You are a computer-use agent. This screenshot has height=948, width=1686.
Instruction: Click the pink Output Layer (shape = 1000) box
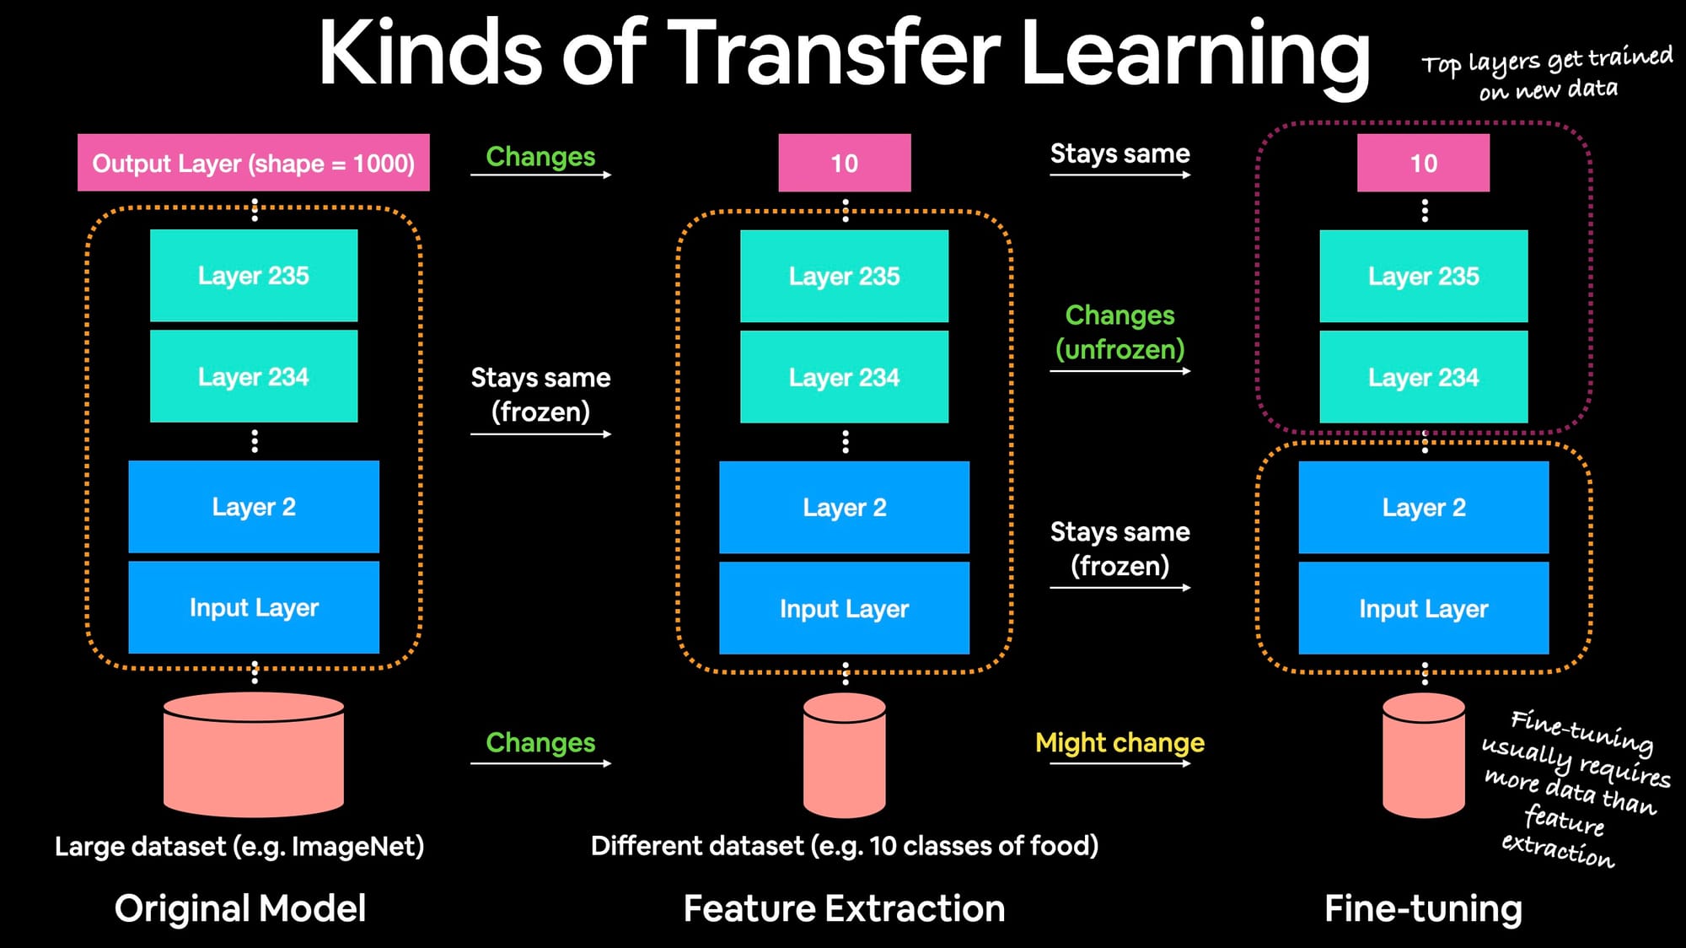[x=253, y=163]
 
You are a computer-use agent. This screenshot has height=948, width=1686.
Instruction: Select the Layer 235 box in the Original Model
[x=253, y=276]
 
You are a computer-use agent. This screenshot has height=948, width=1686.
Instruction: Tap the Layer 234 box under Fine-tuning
[x=1423, y=377]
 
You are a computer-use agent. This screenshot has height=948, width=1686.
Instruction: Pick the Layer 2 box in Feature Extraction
[x=844, y=507]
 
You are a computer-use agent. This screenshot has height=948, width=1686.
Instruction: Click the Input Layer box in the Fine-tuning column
[x=1423, y=608]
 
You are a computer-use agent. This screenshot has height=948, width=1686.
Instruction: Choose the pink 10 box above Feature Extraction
[x=844, y=163]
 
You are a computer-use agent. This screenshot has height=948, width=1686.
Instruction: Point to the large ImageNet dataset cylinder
[x=253, y=755]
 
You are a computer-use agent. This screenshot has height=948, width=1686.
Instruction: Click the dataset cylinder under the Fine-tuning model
[x=1423, y=755]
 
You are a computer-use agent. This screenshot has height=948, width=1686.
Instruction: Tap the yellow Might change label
[x=1120, y=742]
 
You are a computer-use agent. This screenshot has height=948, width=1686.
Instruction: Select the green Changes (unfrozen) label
[x=1120, y=331]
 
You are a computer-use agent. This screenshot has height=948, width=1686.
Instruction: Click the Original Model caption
[x=240, y=908]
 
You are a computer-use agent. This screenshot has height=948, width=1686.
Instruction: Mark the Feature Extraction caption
[x=844, y=908]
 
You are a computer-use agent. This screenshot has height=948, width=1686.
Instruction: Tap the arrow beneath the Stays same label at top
[x=1120, y=175]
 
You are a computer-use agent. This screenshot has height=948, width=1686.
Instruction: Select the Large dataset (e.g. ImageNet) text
[x=239, y=846]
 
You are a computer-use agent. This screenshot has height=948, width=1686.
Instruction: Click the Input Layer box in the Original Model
[x=253, y=607]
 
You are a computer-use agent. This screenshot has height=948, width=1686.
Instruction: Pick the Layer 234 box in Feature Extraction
[x=844, y=377]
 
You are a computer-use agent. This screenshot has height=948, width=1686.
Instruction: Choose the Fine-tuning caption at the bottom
[x=1423, y=908]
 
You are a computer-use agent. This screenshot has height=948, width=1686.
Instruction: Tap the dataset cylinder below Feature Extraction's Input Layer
[x=844, y=755]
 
